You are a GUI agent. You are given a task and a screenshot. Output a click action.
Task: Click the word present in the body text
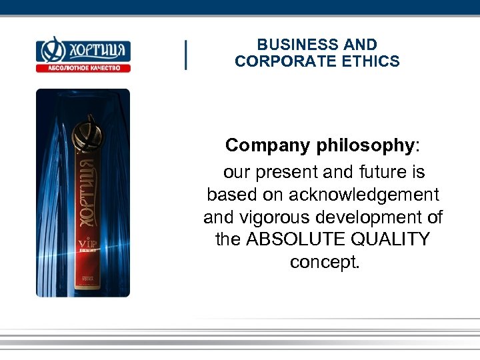tap(285, 173)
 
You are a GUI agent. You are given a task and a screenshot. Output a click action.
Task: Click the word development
tap(372, 217)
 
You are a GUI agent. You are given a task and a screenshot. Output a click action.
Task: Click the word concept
tap(325, 261)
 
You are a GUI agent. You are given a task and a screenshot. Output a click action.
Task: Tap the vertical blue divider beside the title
tap(185, 54)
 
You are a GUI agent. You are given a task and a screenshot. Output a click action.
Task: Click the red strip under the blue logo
tap(83, 67)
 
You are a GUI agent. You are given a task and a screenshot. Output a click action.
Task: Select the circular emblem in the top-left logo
tap(49, 50)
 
